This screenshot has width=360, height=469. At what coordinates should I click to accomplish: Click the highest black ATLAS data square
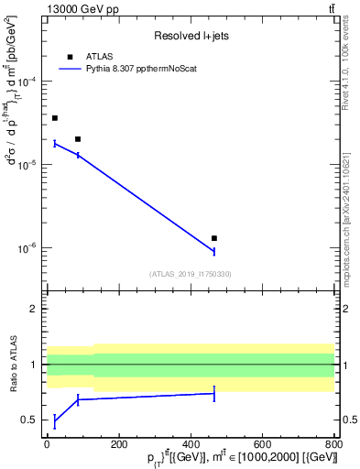coord(55,118)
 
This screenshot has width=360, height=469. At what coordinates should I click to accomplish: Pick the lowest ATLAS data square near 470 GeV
coord(214,238)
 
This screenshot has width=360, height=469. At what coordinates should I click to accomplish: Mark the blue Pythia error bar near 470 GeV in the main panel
coord(214,251)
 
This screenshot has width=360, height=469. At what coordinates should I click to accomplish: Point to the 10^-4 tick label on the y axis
coord(27,82)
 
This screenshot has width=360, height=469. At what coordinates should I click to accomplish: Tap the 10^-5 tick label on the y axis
coord(27,165)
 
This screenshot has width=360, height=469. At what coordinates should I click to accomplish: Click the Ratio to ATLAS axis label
coord(13,365)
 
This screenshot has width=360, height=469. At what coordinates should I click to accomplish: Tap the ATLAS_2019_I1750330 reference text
coord(191,274)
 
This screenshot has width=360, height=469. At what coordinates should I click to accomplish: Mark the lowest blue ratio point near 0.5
coord(55,420)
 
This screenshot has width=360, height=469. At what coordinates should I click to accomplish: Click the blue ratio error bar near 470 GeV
coord(214,393)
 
